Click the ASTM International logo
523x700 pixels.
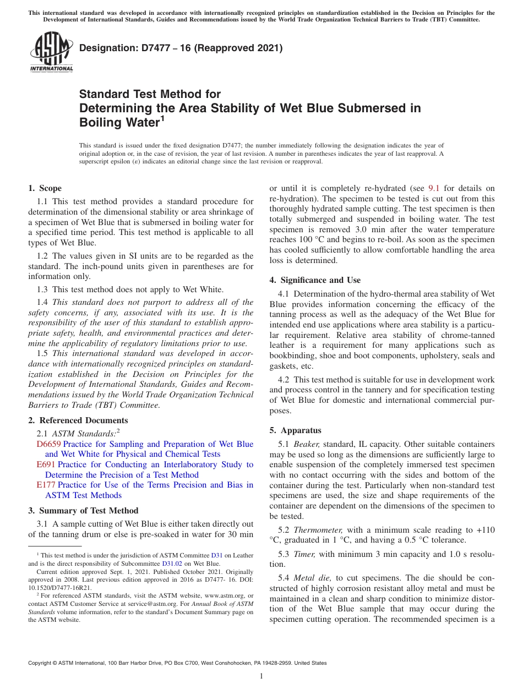[x=51, y=52]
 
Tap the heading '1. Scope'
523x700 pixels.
[x=45, y=188]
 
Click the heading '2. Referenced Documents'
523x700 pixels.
[x=78, y=420]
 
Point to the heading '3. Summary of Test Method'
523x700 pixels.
[x=83, y=511]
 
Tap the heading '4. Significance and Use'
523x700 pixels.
[x=315, y=280]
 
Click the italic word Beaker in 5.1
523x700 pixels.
[x=306, y=444]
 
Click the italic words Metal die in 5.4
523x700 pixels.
[x=312, y=578]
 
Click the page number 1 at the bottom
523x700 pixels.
[x=261, y=676]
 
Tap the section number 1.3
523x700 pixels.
[x=43, y=290]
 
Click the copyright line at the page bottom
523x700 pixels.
[x=177, y=663]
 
